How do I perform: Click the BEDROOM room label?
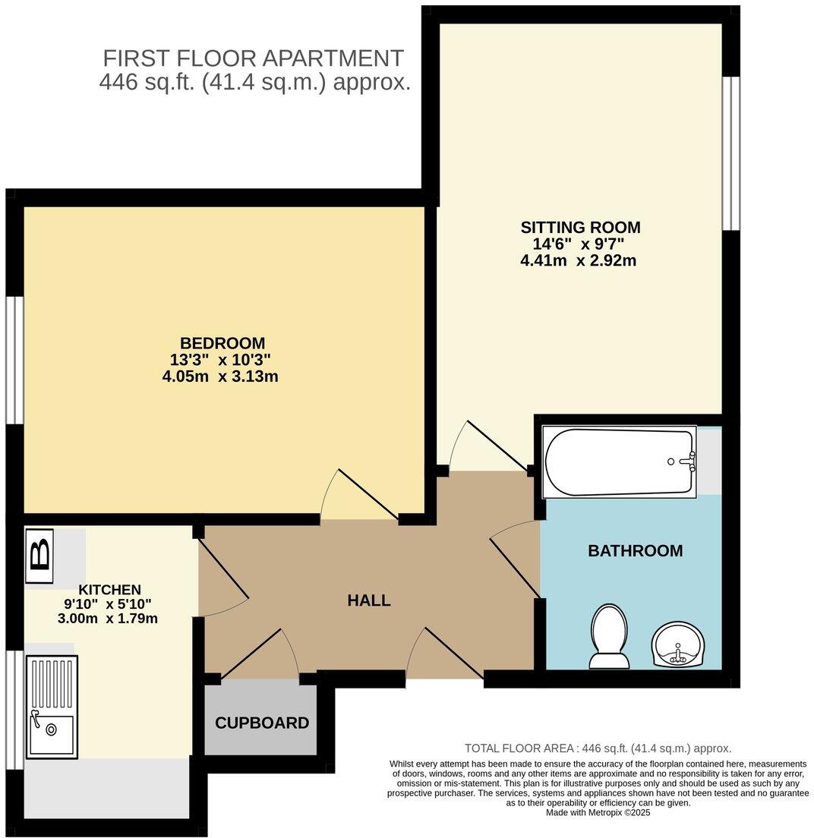222,342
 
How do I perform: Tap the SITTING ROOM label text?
580,227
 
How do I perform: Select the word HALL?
369,600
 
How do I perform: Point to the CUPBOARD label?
262,723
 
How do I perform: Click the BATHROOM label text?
635,551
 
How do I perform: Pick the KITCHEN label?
109,590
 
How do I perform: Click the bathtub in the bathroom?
619,462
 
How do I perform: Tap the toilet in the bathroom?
609,636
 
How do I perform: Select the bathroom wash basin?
679,644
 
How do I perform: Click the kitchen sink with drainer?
52,707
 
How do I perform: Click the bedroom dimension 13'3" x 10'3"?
220,359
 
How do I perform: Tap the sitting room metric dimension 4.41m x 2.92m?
578,260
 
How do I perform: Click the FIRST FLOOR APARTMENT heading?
253,58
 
